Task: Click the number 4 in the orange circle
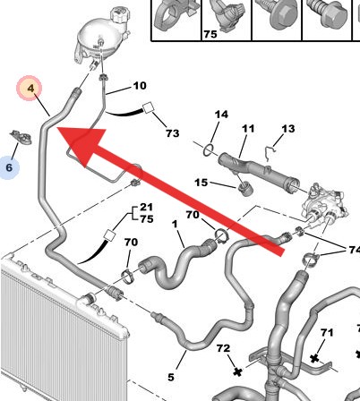tap(31, 89)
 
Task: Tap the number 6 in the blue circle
tap(9, 167)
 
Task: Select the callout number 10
tap(140, 86)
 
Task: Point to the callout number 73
tap(173, 133)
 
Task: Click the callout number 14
tap(221, 115)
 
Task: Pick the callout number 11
tap(248, 129)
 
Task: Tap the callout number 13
tap(288, 129)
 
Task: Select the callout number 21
tap(147, 207)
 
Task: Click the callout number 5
tap(171, 378)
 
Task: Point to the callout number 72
tap(224, 348)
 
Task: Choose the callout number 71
tap(327, 332)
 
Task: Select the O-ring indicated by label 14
tap(209, 150)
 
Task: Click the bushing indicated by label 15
tap(246, 189)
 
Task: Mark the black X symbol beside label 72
tap(237, 371)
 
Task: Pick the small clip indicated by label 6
tap(21, 137)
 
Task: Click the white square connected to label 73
tap(148, 107)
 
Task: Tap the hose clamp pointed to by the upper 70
tap(221, 235)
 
